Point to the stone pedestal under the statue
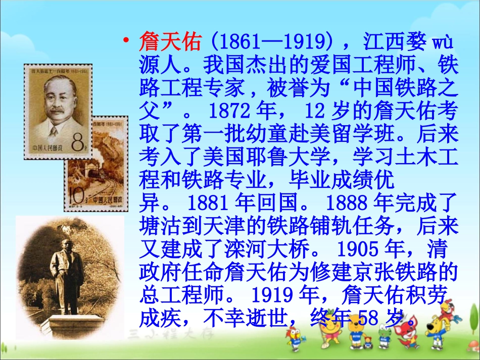pyautogui.click(x=68, y=323)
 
